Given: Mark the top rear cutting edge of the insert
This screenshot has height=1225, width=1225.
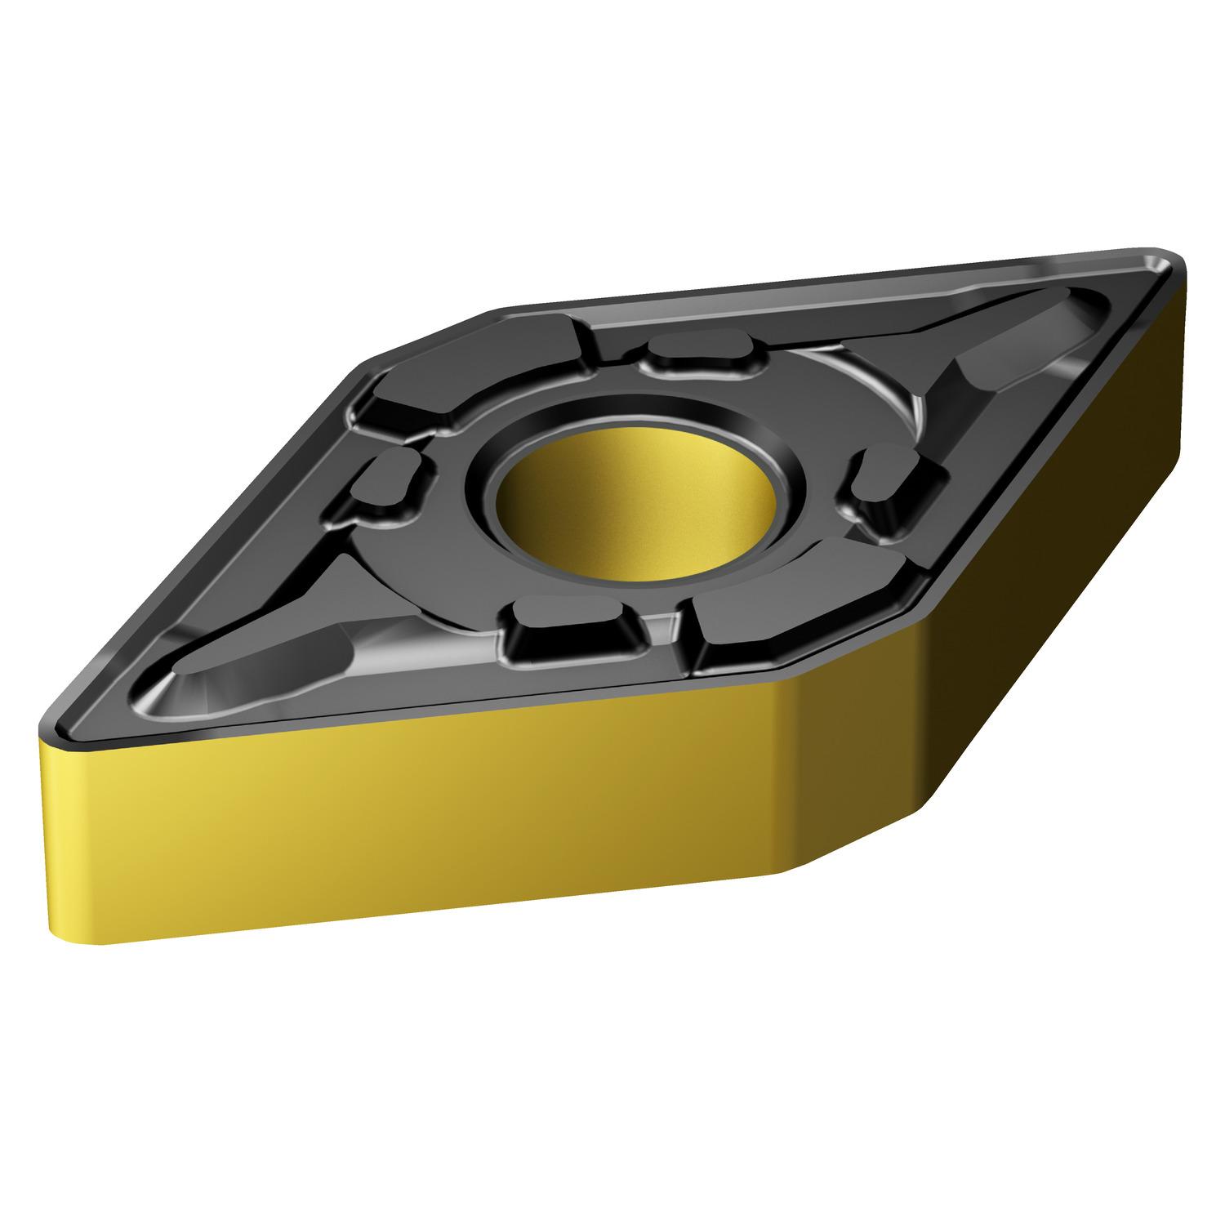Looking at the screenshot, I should click(x=817, y=282).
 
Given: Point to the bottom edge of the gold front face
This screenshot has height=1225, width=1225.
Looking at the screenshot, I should click(x=449, y=906).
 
